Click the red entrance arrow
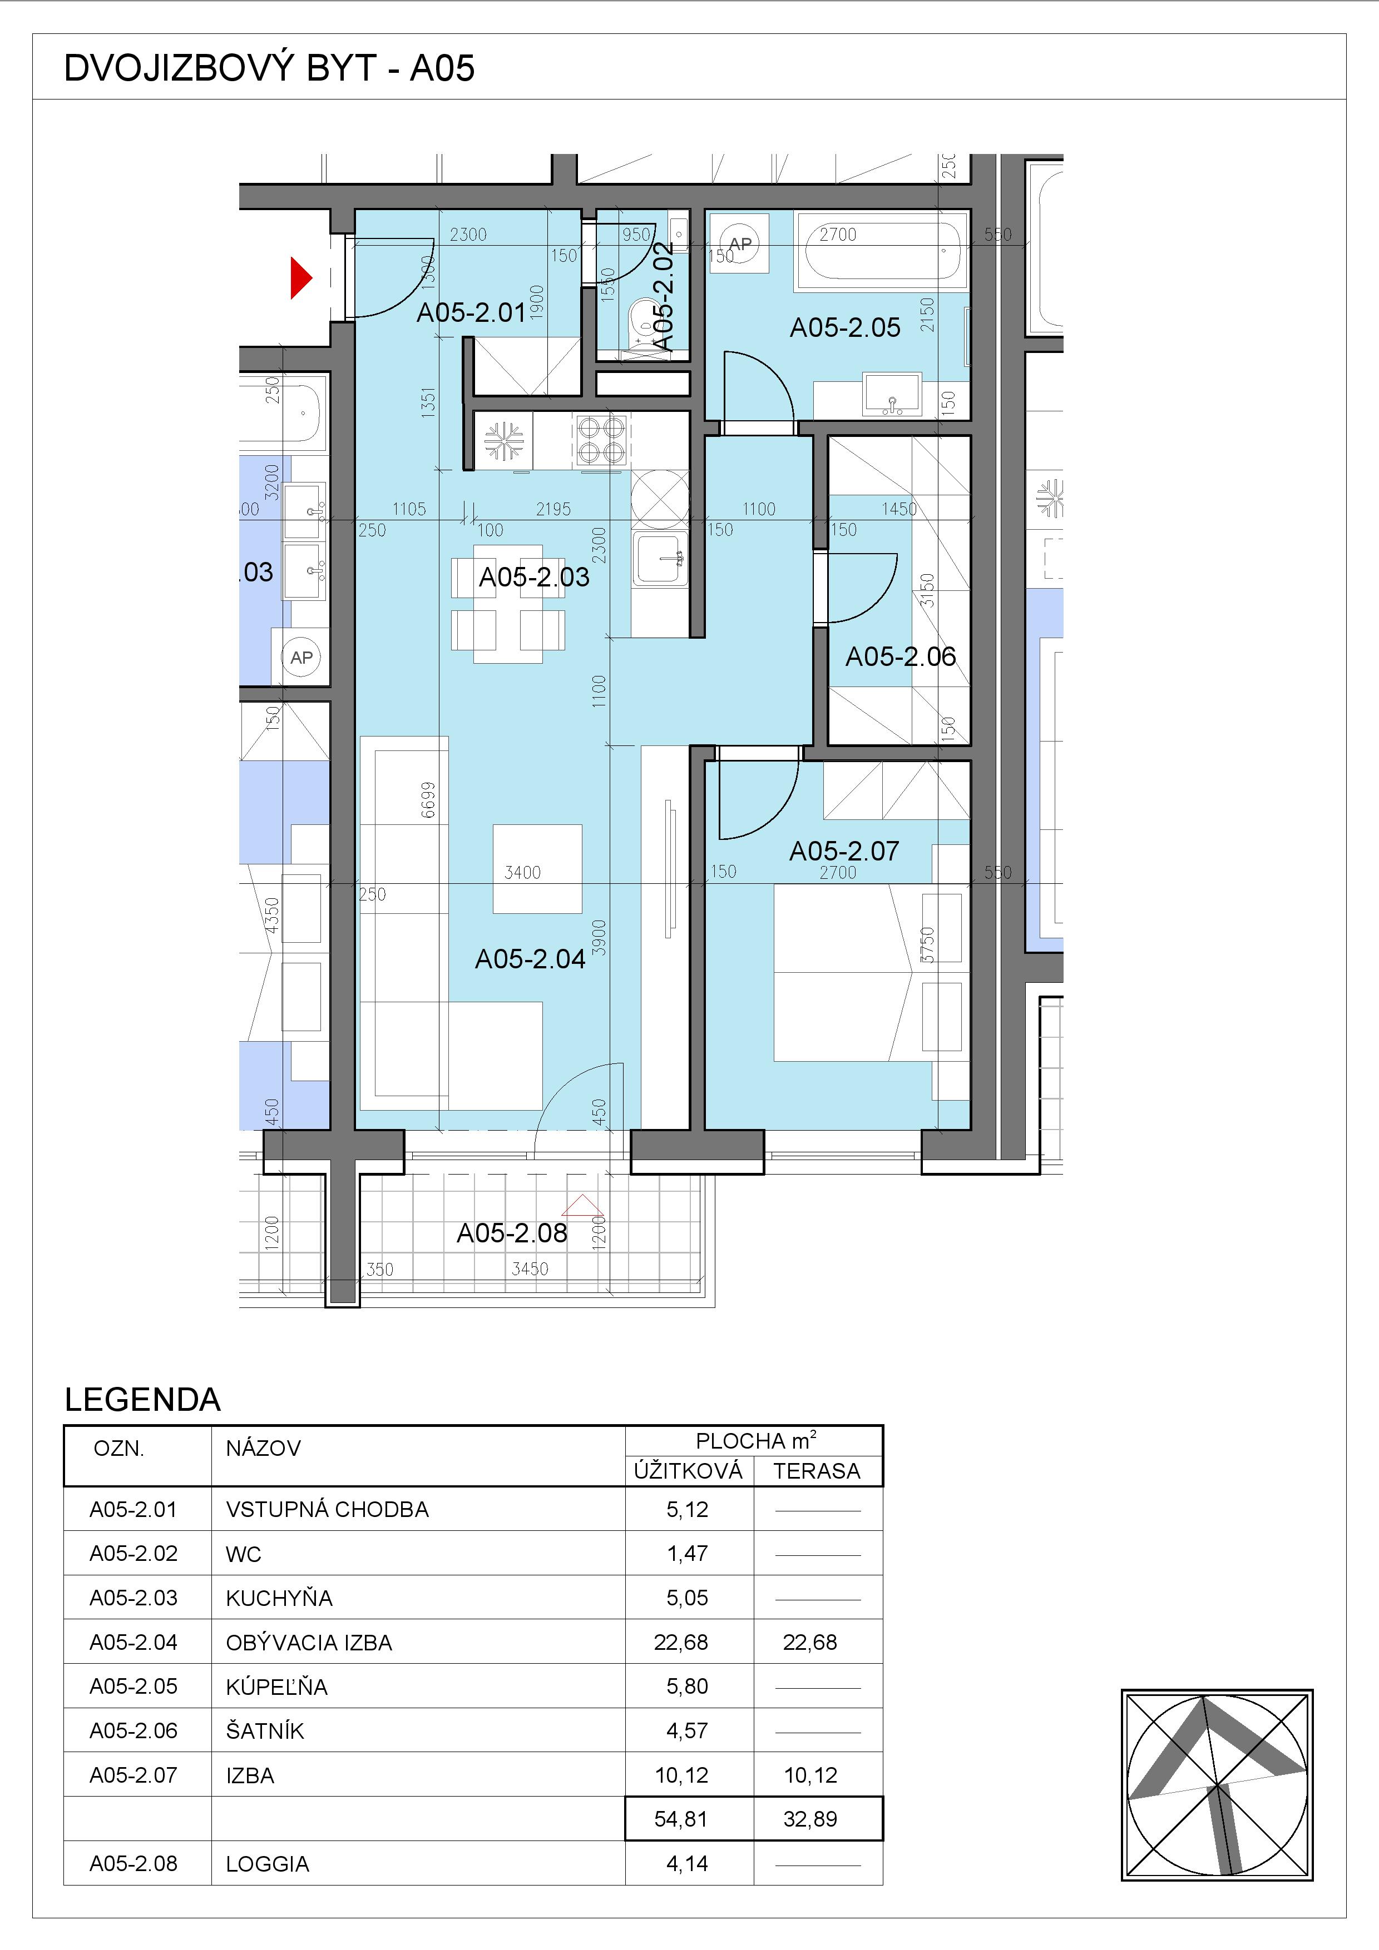click(x=301, y=278)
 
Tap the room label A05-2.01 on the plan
click(x=472, y=312)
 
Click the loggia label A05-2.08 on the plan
click(x=512, y=1232)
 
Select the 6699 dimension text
click(x=428, y=800)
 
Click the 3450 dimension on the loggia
click(x=530, y=1269)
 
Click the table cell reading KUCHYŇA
click(x=279, y=1598)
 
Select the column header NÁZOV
click(x=263, y=1448)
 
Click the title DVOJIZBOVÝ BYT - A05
click(x=269, y=68)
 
